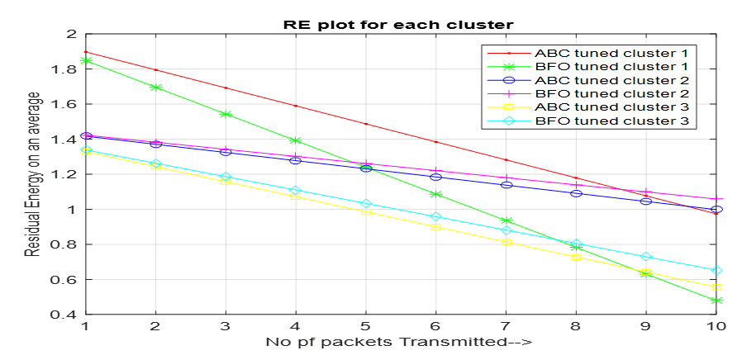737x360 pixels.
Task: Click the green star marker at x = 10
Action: (x=717, y=301)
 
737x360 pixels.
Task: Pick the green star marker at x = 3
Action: (x=226, y=114)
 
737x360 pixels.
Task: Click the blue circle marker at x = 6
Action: (x=436, y=178)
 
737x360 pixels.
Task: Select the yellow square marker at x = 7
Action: (x=506, y=242)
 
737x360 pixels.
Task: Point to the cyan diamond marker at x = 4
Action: (x=296, y=191)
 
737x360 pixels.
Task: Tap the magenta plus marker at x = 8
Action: (x=577, y=184)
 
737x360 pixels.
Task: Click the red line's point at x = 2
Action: (x=155, y=70)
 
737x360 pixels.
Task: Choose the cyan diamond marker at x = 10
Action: (x=717, y=270)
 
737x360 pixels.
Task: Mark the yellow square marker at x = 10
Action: (x=717, y=287)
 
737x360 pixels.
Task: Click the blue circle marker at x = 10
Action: (x=717, y=210)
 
